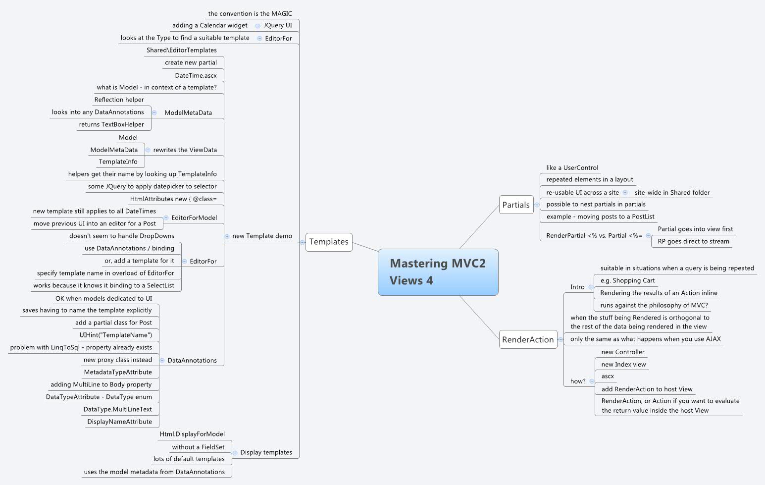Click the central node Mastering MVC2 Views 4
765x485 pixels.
click(x=438, y=272)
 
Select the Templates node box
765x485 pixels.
click(x=329, y=242)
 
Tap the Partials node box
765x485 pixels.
click(x=516, y=205)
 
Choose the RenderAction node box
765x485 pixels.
click(x=528, y=339)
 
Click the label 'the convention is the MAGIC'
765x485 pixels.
click(x=250, y=13)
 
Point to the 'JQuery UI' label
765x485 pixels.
click(x=278, y=25)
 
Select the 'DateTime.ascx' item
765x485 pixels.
click(x=196, y=75)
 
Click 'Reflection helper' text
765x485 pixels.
click(x=119, y=100)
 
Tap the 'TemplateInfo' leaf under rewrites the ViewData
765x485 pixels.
click(x=118, y=162)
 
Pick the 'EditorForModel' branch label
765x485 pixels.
click(x=194, y=217)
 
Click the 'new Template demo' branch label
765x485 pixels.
click(x=262, y=236)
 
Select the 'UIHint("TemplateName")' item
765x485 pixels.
click(x=116, y=335)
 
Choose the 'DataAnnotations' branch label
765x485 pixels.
click(x=192, y=360)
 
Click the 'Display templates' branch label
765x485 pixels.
click(x=266, y=452)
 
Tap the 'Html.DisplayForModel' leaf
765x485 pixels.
click(x=192, y=434)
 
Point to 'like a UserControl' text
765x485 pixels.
click(x=572, y=167)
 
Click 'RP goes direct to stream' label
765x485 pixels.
click(x=693, y=241)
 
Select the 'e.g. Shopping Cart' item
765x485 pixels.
click(x=627, y=280)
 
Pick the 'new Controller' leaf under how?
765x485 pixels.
click(x=623, y=352)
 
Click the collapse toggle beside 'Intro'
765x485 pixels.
click(x=591, y=287)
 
